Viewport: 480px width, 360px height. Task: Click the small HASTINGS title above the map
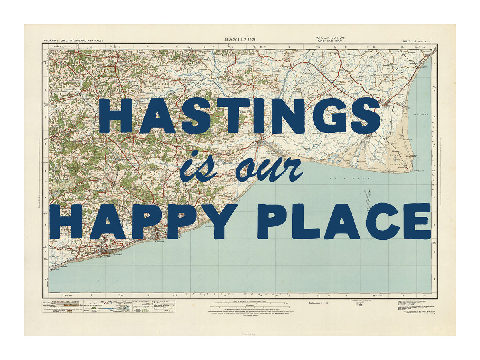coord(240,39)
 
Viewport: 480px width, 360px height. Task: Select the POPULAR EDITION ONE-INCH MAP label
coord(329,39)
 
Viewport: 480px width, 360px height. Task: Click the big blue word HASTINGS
coord(239,116)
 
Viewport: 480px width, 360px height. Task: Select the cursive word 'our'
coord(268,170)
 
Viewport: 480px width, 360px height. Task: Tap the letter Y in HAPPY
coord(218,221)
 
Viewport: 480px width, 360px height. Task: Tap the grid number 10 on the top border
coord(318,47)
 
